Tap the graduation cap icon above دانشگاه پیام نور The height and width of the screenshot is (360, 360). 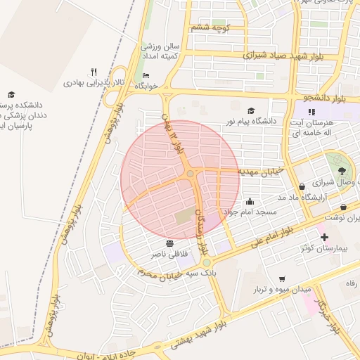(x=252, y=110)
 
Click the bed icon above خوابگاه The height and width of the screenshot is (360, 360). (x=146, y=75)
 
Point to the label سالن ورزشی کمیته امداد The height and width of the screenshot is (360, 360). (x=161, y=51)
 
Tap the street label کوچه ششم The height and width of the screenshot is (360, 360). (x=209, y=27)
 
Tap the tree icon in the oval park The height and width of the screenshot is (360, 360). (x=342, y=170)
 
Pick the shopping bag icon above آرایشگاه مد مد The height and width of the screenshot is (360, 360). (x=302, y=187)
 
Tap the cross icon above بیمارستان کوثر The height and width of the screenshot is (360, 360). (x=323, y=238)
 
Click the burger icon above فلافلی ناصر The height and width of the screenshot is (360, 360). (x=169, y=243)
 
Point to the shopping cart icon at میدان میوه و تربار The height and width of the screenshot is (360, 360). (x=282, y=279)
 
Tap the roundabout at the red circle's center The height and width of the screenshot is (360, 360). (x=191, y=174)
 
